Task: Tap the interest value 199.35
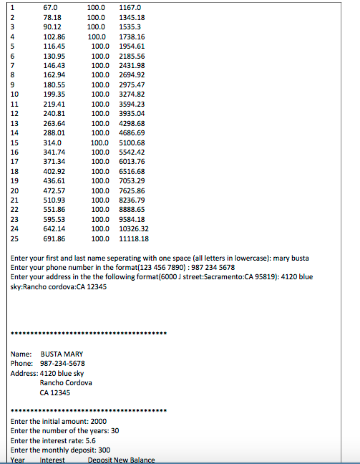[54, 94]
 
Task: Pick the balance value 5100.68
[132, 142]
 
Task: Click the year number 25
[15, 238]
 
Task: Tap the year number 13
[15, 122]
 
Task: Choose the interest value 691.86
[54, 238]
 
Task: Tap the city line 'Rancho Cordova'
[66, 382]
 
